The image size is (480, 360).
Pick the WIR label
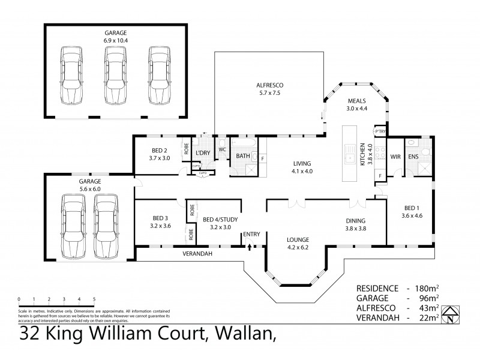(x=395, y=157)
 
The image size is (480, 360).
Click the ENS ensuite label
(x=413, y=157)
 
